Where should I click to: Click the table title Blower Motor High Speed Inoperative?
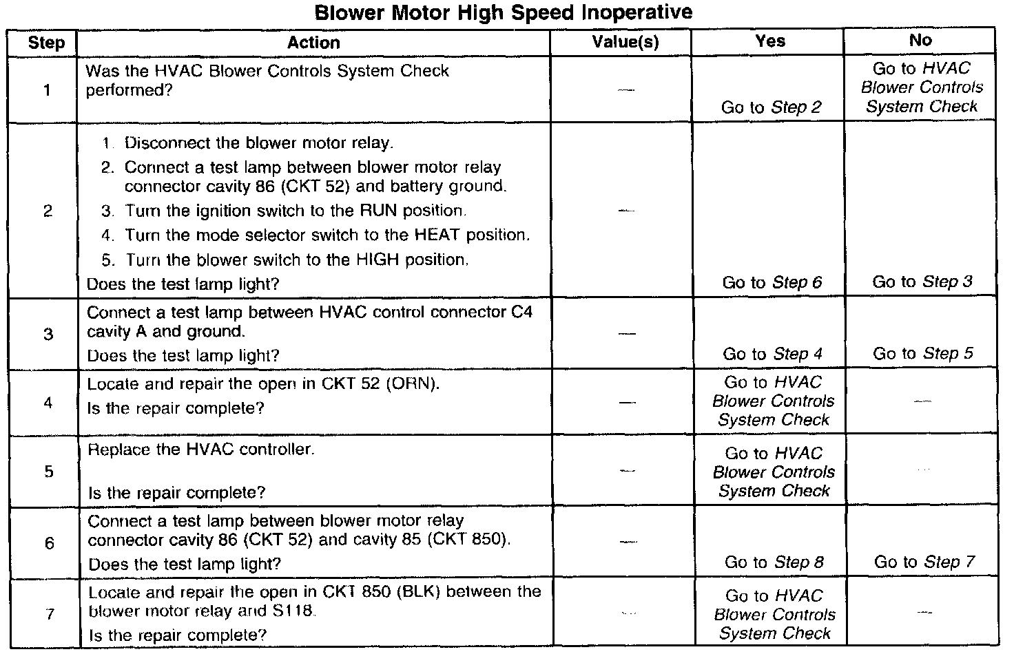tap(504, 12)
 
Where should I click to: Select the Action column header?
tap(313, 43)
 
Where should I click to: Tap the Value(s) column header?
tap(625, 43)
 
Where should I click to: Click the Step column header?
tap(46, 43)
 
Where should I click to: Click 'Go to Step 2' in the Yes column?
tap(771, 107)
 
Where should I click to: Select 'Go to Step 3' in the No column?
tap(922, 282)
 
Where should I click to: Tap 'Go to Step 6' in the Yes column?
tap(772, 282)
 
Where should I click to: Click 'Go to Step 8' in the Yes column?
tap(774, 562)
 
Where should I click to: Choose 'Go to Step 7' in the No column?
tap(924, 562)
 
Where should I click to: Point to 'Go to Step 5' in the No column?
tap(923, 354)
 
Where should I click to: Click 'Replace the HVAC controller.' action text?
tap(201, 450)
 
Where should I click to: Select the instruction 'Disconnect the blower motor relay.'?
tap(258, 143)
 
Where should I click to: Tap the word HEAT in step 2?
tap(438, 235)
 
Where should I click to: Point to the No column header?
tap(920, 41)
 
